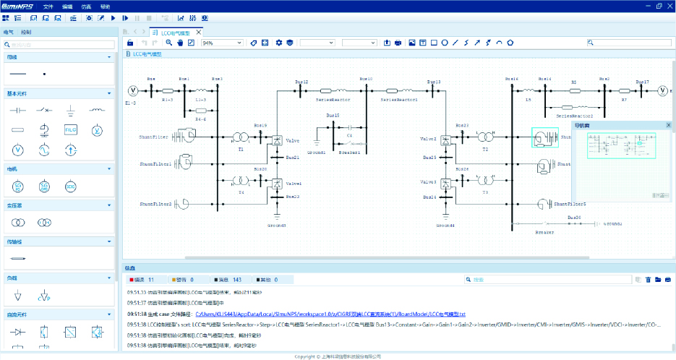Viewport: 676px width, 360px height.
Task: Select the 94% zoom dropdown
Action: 222,43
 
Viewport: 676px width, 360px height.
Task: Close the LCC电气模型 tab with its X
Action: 199,33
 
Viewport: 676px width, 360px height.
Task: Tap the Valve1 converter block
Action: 276,184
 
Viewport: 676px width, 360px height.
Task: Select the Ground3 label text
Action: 276,226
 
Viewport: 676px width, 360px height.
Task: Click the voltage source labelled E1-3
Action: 133,90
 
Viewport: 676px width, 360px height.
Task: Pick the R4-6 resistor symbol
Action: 201,110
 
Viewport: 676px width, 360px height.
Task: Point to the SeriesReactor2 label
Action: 574,116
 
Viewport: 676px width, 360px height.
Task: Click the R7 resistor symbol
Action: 624,90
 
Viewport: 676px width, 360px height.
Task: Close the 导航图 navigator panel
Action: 669,125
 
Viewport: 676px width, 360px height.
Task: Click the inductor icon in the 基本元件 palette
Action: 96,110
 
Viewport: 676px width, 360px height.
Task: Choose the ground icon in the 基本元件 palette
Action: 70,110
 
